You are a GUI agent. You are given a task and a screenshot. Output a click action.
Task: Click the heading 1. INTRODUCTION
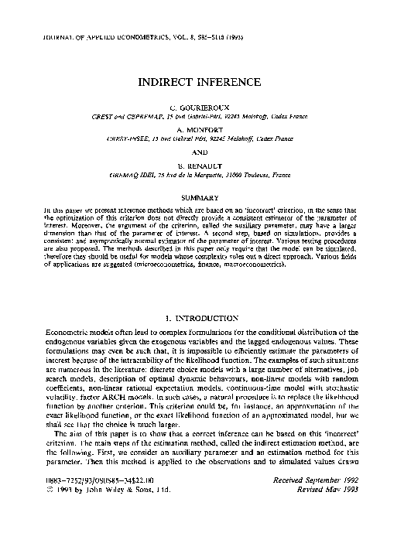pos(202,319)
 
